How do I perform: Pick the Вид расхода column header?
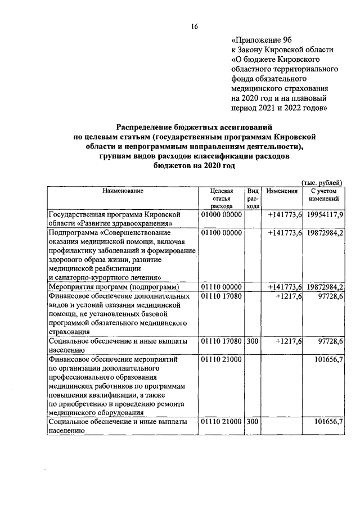(253, 199)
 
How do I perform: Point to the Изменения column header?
(282, 191)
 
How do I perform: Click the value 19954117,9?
(325, 215)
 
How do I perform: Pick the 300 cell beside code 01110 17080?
(252, 341)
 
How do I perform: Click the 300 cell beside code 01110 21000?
(252, 421)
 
